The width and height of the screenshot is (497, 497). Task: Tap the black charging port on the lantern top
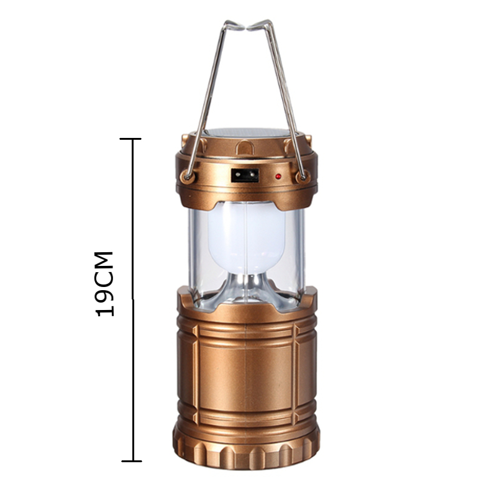pyautogui.click(x=244, y=176)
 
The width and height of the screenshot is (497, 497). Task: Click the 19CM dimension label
pyautogui.click(x=105, y=283)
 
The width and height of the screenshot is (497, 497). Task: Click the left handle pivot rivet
pyautogui.click(x=186, y=176)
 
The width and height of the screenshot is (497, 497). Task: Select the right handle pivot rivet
pyautogui.click(x=303, y=177)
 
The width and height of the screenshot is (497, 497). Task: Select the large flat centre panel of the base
pyautogui.click(x=245, y=367)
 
